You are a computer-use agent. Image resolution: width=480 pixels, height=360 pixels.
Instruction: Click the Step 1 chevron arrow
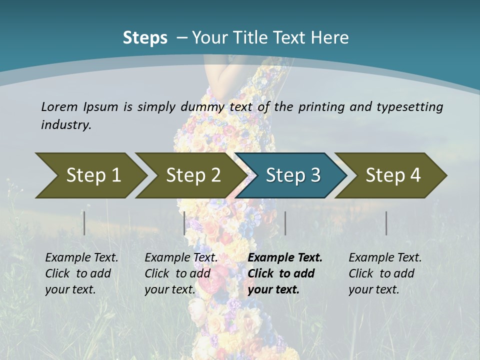(93, 175)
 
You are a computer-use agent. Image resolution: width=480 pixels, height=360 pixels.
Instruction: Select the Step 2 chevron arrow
(193, 175)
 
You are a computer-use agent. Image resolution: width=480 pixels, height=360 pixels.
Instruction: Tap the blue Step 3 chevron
(293, 175)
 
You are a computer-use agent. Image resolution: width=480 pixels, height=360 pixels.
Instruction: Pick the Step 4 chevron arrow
(393, 175)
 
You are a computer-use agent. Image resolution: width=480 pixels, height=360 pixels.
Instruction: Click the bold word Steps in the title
(145, 37)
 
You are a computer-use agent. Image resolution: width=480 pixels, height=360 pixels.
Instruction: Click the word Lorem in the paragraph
(57, 106)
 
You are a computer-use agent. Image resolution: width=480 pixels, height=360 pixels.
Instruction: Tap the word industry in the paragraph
(65, 124)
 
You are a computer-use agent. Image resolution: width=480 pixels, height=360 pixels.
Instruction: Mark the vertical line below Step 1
(84, 223)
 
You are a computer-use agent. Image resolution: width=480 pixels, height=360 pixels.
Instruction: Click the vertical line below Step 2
(184, 223)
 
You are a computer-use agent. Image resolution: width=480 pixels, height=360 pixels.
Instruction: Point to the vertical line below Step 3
(285, 223)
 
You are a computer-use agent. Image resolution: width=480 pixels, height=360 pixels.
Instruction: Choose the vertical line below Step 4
(386, 223)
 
